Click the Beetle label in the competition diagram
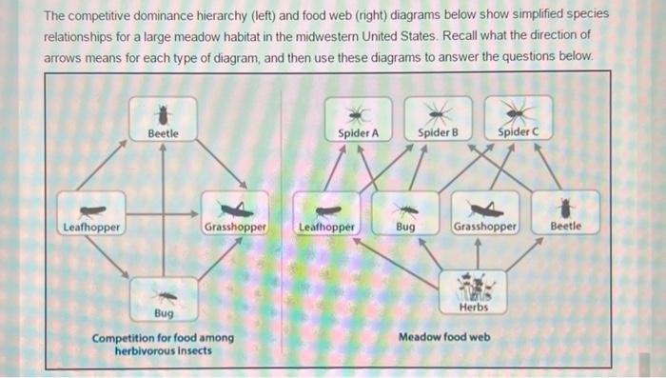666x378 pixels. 163,133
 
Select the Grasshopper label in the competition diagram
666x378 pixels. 233,228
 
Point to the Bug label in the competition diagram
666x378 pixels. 164,312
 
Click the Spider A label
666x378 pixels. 359,133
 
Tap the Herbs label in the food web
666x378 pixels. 473,307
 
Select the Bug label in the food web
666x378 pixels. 405,228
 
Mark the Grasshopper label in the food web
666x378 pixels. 484,228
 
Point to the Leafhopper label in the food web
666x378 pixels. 327,228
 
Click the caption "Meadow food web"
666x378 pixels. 444,337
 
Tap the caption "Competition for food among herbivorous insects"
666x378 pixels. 163,345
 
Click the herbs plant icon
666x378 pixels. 473,287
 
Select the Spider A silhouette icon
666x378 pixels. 359,113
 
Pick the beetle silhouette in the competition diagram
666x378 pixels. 163,114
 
